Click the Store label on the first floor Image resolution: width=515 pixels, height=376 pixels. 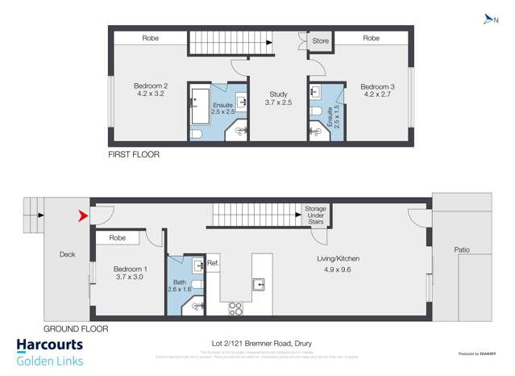click(x=320, y=38)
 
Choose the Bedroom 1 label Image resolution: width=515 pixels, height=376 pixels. click(x=130, y=273)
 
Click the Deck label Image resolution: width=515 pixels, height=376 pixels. click(x=67, y=253)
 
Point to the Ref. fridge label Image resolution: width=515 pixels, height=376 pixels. click(x=214, y=263)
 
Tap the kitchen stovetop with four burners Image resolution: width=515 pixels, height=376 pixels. click(x=237, y=307)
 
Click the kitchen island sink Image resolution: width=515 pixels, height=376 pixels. click(x=258, y=283)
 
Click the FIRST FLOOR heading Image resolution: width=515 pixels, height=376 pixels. click(x=134, y=153)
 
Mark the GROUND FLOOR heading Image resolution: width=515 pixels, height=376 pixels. click(x=75, y=328)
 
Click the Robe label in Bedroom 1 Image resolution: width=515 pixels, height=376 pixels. click(x=118, y=238)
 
